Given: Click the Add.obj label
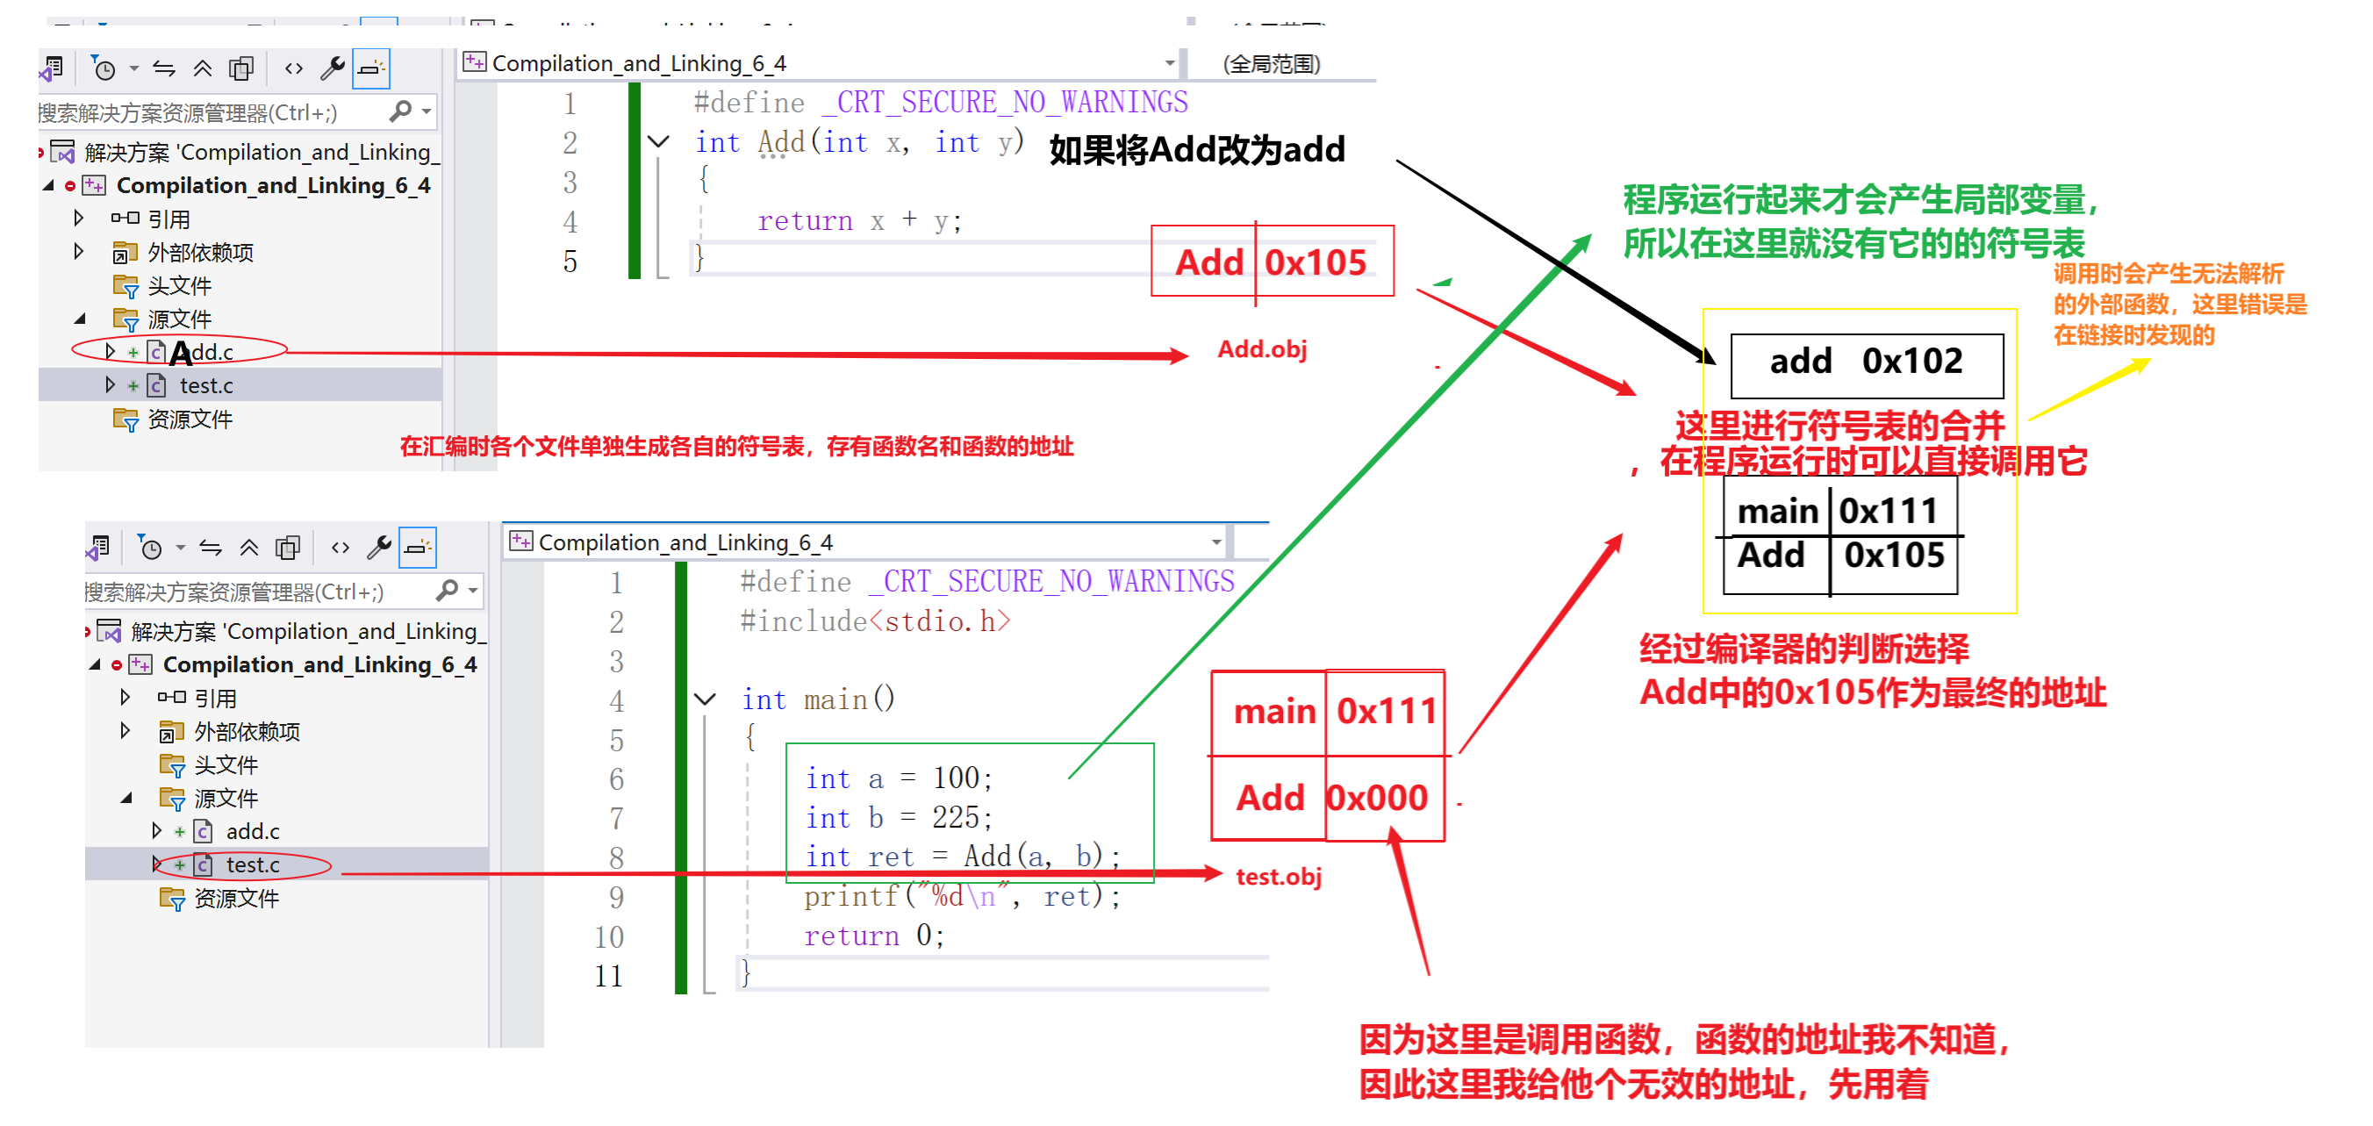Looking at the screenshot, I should click(x=1261, y=349).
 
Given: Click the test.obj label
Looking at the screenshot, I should click(x=1278, y=876).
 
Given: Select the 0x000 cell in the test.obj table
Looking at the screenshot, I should click(x=1378, y=798).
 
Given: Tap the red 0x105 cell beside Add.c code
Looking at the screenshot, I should click(x=1315, y=262).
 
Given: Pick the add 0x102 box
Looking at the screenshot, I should click(x=1866, y=362).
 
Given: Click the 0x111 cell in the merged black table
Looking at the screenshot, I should click(x=1889, y=512).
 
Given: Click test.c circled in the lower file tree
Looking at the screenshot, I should click(x=253, y=865).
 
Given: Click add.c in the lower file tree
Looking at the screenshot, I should click(x=253, y=831).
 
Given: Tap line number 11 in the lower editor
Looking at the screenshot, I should click(x=609, y=976).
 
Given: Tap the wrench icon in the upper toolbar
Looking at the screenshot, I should click(x=332, y=68).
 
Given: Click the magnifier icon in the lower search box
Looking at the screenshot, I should click(x=448, y=590).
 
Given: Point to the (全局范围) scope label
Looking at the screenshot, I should click(x=1272, y=63).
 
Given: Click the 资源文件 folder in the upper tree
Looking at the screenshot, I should click(x=189, y=420).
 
